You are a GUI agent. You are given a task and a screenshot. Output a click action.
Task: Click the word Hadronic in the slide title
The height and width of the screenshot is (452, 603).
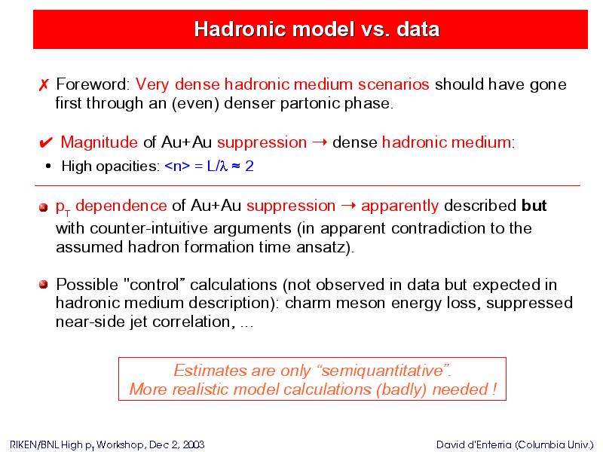click(x=236, y=29)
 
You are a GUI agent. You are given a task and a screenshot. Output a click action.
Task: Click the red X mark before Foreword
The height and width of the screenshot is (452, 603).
click(x=44, y=85)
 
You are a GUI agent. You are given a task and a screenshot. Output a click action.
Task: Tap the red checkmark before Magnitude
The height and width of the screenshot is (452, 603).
click(x=46, y=142)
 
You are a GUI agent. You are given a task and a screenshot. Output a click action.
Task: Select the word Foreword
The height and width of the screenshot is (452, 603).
click(x=91, y=84)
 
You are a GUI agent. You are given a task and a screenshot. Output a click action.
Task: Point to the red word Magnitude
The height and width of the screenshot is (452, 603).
click(x=99, y=142)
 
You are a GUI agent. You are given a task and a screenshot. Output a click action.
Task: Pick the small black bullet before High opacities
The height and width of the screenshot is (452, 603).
click(x=48, y=166)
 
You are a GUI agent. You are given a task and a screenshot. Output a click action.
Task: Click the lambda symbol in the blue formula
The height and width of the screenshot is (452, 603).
click(x=224, y=166)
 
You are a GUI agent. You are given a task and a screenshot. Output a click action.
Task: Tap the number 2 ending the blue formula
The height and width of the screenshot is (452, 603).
click(x=249, y=166)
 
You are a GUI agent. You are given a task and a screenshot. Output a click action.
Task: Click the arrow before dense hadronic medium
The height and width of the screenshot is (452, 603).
click(x=320, y=142)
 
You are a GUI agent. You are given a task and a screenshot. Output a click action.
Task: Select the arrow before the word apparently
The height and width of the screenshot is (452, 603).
click(x=348, y=206)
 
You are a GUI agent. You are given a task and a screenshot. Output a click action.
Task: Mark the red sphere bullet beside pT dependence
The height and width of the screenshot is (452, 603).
click(x=44, y=208)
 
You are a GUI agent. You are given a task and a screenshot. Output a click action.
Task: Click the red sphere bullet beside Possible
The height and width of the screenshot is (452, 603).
click(x=44, y=285)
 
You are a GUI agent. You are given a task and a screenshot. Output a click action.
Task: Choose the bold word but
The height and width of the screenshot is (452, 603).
click(x=534, y=206)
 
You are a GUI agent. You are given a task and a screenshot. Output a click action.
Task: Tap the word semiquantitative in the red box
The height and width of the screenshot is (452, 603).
click(x=382, y=371)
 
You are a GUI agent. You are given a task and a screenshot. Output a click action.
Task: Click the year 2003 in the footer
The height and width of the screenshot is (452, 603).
click(x=194, y=444)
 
